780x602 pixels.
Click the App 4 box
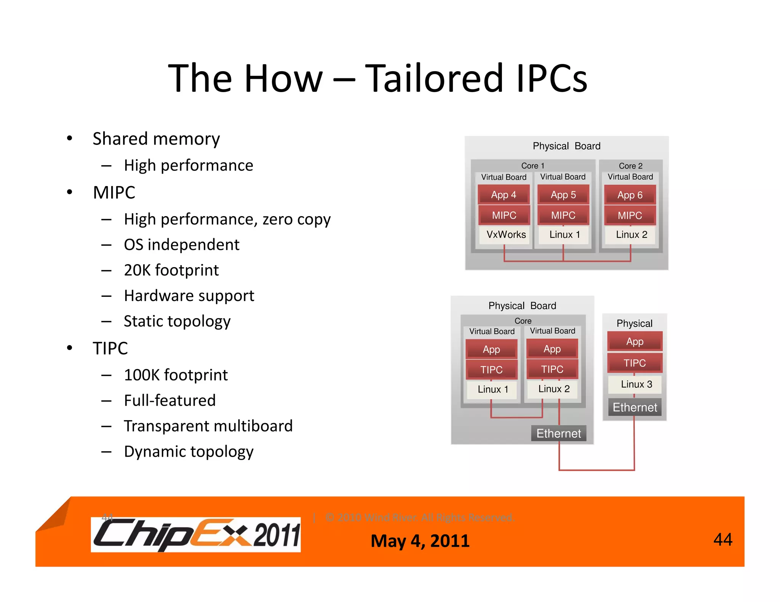coord(503,195)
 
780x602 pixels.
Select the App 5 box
coord(563,195)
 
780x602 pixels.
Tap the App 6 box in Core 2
coord(630,195)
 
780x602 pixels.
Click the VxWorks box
coord(506,234)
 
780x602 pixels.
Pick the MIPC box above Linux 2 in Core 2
coord(630,215)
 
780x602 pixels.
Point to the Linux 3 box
coord(636,384)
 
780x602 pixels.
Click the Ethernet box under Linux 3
coord(635,408)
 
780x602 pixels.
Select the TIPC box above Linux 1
coord(491,369)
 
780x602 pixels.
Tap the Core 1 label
coord(532,166)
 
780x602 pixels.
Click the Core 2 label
coord(631,166)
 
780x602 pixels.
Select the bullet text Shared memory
coord(156,139)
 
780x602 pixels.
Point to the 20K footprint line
coord(171,270)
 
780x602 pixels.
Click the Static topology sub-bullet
coord(177,321)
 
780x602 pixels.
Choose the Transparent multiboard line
coord(208,426)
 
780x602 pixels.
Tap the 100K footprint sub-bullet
coord(176,375)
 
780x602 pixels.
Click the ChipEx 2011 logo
coord(196,535)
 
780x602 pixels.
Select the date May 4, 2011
coord(420,541)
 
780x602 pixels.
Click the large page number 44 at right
coord(722,539)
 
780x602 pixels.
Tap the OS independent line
coord(182,245)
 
